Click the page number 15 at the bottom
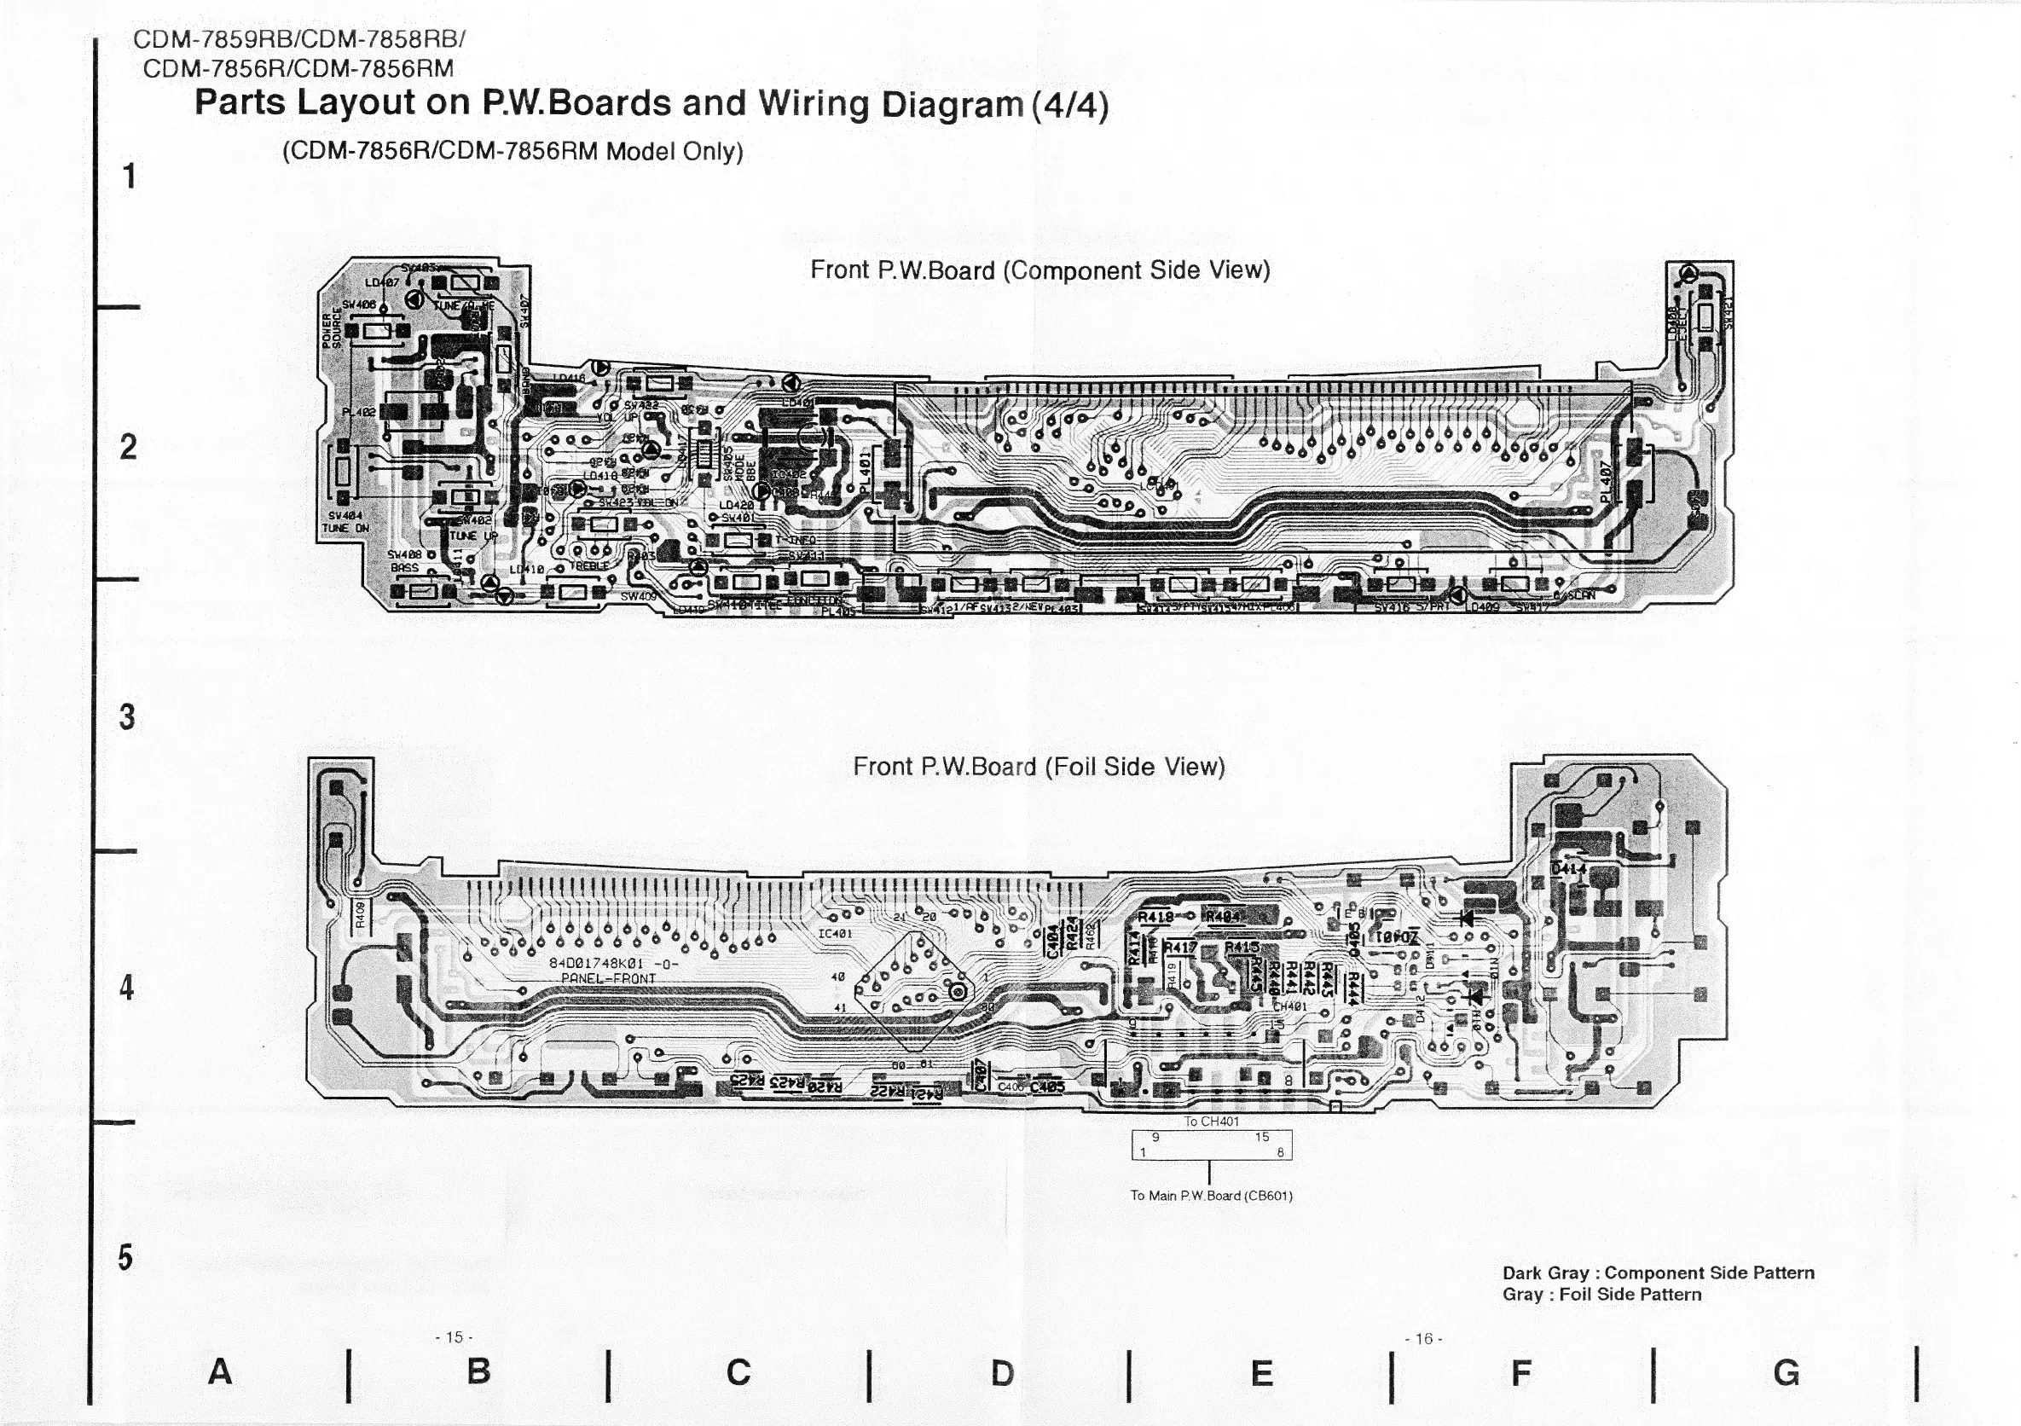pos(454,1337)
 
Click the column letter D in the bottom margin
pos(1002,1373)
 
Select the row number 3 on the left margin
pos(128,717)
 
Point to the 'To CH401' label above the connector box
pos(1211,1122)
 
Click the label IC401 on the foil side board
pos(835,932)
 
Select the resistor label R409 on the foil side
pos(360,915)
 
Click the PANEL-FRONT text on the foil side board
pos(608,978)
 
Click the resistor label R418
pos(1155,917)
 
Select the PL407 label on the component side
pos(1607,483)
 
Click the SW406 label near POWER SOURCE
pos(359,304)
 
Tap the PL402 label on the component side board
pos(358,411)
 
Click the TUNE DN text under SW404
pos(346,528)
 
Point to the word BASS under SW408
pos(405,568)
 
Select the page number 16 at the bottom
pos(1423,1339)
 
